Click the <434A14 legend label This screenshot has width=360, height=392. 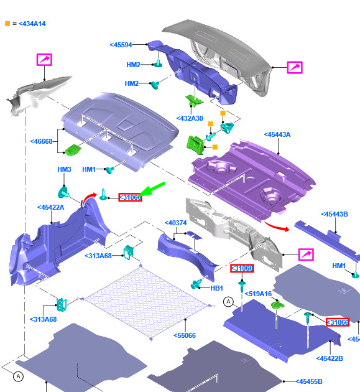coord(32,24)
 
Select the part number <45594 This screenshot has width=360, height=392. coord(121,45)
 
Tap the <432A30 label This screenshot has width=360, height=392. coord(190,118)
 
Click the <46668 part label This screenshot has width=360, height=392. coord(41,141)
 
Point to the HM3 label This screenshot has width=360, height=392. coord(64,169)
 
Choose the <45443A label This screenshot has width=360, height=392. coord(277,134)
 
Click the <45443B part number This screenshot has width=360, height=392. coord(335,214)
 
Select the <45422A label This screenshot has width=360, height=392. coord(51,207)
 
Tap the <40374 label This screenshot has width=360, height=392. coord(175,223)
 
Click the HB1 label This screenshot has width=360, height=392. coord(216,288)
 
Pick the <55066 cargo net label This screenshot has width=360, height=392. coord(185,335)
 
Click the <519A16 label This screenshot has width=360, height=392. coord(258,294)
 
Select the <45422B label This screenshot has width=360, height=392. coord(330,358)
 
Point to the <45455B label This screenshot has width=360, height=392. coord(309,381)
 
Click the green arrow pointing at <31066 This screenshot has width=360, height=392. coord(152,190)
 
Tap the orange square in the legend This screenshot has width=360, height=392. coord(7,24)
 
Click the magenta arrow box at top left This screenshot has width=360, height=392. coord(44,60)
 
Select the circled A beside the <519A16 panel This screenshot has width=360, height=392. coord(228,302)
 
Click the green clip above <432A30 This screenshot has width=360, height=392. coord(194,100)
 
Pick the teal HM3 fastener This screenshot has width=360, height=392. coord(63,192)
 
